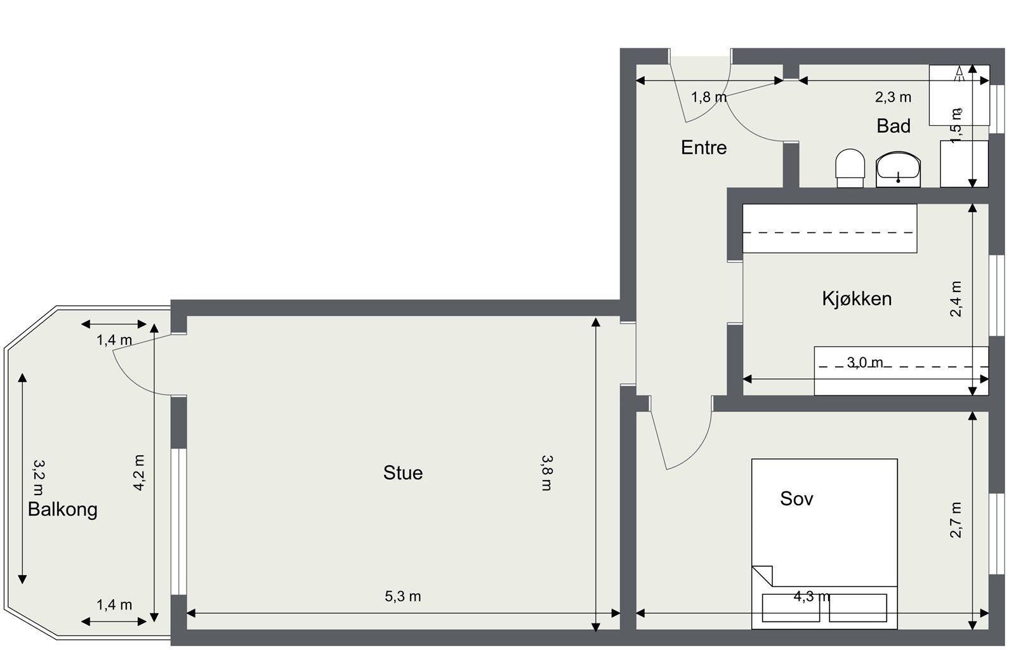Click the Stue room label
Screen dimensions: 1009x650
click(x=403, y=473)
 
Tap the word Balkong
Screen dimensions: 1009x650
click(x=63, y=510)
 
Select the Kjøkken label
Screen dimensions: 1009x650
click(x=857, y=298)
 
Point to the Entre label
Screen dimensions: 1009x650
click(x=704, y=148)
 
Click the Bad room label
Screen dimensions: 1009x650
click(x=894, y=126)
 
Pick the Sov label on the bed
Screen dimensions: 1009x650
click(x=796, y=499)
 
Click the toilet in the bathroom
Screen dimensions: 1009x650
click(x=850, y=168)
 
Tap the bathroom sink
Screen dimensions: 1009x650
click(x=898, y=169)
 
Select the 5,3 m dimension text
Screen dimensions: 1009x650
click(x=403, y=597)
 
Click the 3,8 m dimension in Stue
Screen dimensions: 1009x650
click(x=547, y=472)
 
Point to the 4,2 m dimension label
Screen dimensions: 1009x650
click(x=139, y=472)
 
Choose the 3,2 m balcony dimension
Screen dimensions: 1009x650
click(x=39, y=477)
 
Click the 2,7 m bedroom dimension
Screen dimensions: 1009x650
click(x=956, y=520)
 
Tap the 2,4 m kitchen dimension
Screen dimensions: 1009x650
click(x=956, y=299)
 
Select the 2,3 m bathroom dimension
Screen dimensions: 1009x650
click(x=893, y=97)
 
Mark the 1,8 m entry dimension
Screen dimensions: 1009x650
click(x=709, y=97)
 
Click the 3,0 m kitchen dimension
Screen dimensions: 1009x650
click(x=865, y=362)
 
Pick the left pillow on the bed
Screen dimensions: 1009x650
click(x=791, y=608)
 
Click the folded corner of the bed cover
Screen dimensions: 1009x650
click(x=763, y=576)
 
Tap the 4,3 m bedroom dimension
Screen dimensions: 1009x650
click(x=811, y=597)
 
